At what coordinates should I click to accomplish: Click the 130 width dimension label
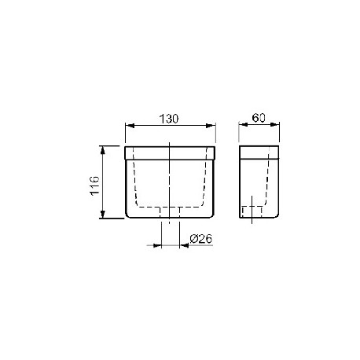pyautogui.click(x=169, y=119)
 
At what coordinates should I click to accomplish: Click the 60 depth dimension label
pyautogui.click(x=259, y=118)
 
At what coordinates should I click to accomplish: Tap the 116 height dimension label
pyautogui.click(x=94, y=186)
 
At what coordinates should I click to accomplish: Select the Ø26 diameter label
pyautogui.click(x=201, y=239)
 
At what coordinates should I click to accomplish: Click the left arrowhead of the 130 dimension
pyautogui.click(x=130, y=126)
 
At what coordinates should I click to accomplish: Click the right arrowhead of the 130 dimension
pyautogui.click(x=211, y=126)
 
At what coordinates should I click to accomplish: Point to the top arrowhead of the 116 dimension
pyautogui.click(x=103, y=150)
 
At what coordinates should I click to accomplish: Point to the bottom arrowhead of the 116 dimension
pyautogui.click(x=103, y=214)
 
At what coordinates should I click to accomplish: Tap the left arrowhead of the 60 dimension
pyautogui.click(x=244, y=125)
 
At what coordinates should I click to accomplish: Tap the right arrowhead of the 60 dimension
pyautogui.click(x=274, y=125)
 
